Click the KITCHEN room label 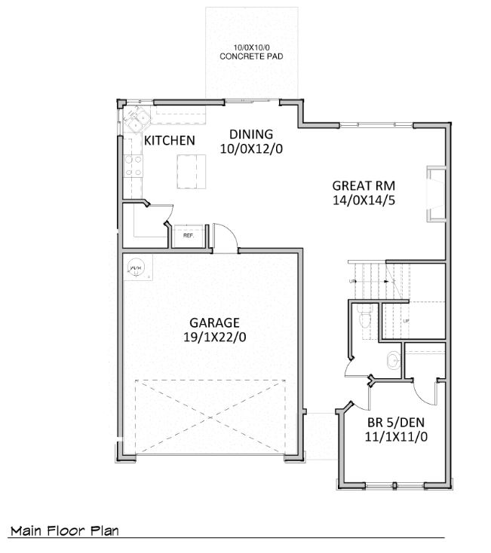(x=170, y=141)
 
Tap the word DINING (x=250, y=135)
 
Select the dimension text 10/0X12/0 (x=250, y=149)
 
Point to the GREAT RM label (x=364, y=185)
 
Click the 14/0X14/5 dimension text (x=364, y=200)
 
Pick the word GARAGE (x=214, y=322)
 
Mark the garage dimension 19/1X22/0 (x=214, y=337)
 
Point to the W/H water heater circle (x=136, y=266)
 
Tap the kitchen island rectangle (x=192, y=171)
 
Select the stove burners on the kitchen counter (x=133, y=166)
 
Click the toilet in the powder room (x=364, y=318)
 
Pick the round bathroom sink (x=393, y=362)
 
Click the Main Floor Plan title (x=64, y=531)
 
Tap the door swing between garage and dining (x=225, y=236)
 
